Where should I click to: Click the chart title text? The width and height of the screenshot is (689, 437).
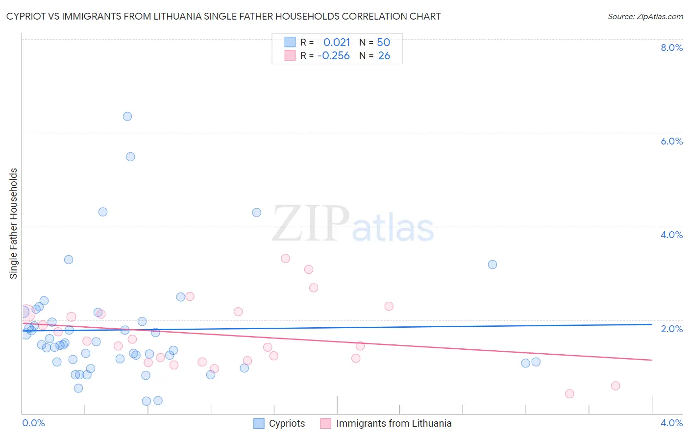(x=223, y=16)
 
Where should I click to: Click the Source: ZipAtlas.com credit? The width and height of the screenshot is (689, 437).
(x=645, y=16)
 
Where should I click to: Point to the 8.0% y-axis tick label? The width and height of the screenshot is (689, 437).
(x=671, y=48)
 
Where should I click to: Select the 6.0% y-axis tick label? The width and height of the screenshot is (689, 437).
(x=671, y=141)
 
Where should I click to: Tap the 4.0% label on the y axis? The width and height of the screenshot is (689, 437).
(x=671, y=235)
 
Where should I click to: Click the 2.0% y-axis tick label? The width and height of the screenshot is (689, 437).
(x=671, y=329)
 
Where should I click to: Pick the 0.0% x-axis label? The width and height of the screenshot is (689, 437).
(x=33, y=423)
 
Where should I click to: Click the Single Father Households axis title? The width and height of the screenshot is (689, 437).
(x=14, y=223)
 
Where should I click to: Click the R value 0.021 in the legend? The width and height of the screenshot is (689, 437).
(x=337, y=43)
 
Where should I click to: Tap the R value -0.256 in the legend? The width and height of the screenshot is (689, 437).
(x=334, y=56)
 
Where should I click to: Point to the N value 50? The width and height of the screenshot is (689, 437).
(x=383, y=43)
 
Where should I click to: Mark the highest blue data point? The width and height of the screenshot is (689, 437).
(x=127, y=116)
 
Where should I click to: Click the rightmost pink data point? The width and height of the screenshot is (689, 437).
(x=615, y=386)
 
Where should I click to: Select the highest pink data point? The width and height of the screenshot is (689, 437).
(x=285, y=258)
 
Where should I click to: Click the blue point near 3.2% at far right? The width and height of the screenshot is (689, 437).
(x=492, y=265)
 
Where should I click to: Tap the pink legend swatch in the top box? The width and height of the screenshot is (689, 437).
(x=290, y=56)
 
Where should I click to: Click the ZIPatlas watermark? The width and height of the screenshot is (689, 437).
(x=353, y=224)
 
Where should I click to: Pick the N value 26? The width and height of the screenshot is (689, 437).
(x=384, y=56)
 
